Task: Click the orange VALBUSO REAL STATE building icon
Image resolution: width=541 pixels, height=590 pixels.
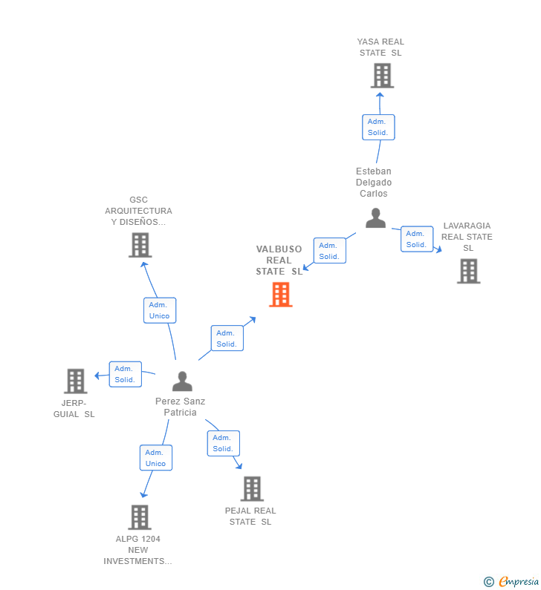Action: point(280,295)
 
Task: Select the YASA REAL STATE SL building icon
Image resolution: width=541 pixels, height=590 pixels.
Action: point(381,76)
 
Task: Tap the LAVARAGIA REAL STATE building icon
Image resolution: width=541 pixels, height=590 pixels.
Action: point(468,271)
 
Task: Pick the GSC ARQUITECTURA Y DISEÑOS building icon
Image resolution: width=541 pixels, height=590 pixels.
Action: point(140,245)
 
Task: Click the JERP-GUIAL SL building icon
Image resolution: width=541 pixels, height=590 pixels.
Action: point(76,381)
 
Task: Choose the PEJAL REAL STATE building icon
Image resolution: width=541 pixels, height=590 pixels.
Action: point(252,488)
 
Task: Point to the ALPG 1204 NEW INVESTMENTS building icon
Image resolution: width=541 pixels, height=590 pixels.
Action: point(139,517)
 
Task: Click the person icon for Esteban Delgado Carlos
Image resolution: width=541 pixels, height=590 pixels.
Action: point(375,218)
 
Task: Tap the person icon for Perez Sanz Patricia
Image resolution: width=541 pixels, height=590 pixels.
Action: point(182,381)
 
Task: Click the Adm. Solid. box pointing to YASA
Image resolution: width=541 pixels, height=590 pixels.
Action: point(378,127)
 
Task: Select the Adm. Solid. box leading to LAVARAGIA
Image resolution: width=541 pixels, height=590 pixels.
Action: point(417,239)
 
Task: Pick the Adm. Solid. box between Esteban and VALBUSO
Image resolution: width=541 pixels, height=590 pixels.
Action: point(329,251)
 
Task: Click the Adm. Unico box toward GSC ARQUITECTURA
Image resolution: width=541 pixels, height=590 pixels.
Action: point(159,310)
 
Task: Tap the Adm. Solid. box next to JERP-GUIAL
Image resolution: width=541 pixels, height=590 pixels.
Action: point(125,374)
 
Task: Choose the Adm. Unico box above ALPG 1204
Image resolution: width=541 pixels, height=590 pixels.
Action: point(156,458)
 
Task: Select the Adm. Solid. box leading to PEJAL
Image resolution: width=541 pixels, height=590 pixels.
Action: point(223,443)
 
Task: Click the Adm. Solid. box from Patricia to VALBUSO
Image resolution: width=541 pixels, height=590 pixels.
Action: point(227,338)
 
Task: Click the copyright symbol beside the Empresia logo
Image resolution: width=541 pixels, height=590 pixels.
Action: point(488,582)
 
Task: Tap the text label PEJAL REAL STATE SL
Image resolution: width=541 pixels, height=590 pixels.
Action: point(250,516)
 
